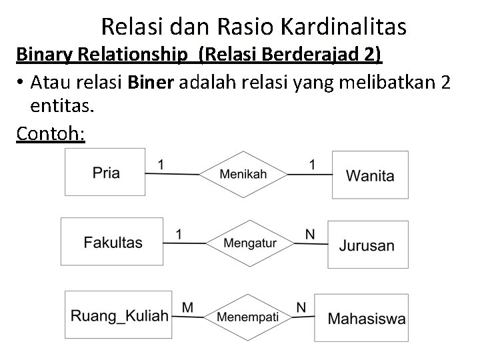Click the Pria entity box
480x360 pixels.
click(105, 172)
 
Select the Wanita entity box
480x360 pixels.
click(370, 175)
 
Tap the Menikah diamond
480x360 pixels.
click(243, 174)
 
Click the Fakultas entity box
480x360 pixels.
click(112, 242)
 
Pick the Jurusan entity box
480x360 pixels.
click(367, 245)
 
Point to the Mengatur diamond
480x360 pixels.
click(249, 243)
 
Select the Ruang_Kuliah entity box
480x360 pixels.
click(119, 315)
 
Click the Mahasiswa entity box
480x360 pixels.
click(366, 317)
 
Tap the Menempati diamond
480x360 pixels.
click(247, 316)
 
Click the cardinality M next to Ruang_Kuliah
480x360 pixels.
click(187, 307)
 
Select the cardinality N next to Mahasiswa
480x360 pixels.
click(301, 307)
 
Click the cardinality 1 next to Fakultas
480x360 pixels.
click(179, 233)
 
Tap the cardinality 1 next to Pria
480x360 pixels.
click(161, 163)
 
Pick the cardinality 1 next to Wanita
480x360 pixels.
click(313, 163)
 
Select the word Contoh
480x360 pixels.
click(50, 133)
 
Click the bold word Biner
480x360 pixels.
click(149, 83)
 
